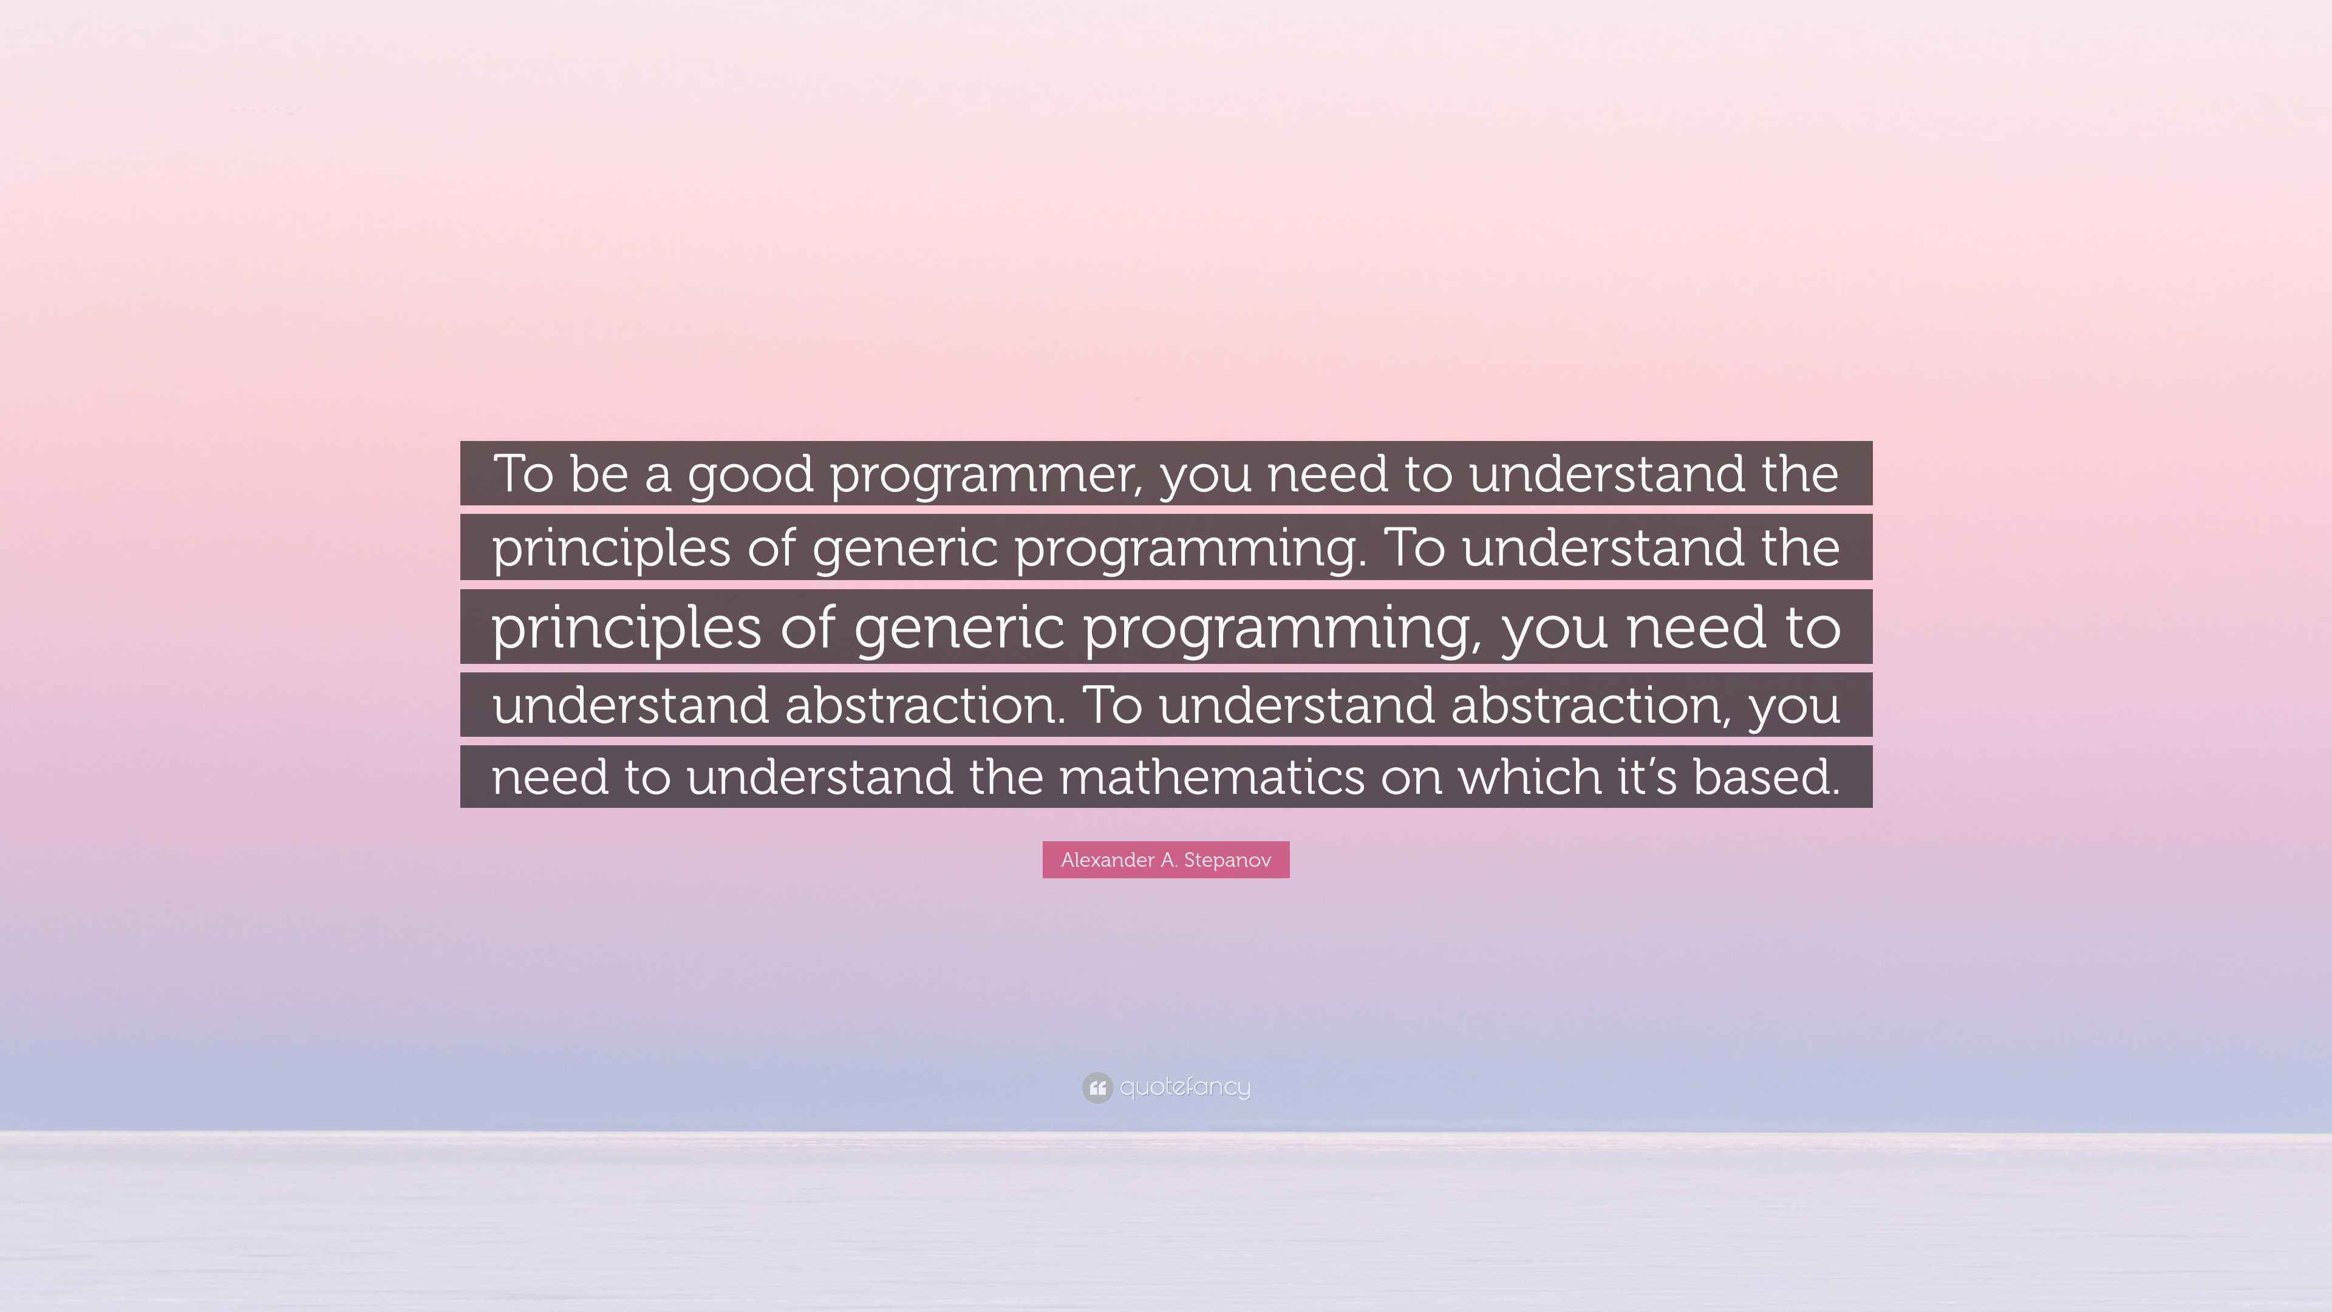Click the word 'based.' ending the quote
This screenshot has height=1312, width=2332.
[x=1766, y=777]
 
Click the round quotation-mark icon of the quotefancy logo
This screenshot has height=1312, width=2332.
[x=1097, y=1087]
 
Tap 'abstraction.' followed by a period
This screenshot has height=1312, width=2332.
[x=925, y=705]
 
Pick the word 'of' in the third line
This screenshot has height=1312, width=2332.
[x=806, y=627]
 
